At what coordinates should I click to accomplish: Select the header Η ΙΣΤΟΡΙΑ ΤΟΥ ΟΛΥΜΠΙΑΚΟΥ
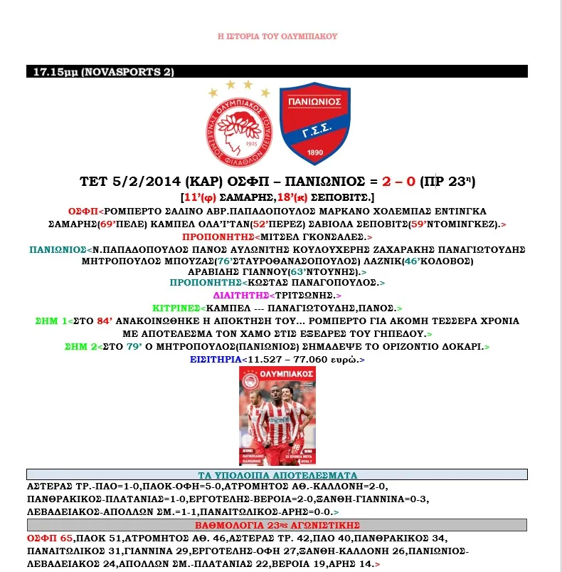(x=277, y=36)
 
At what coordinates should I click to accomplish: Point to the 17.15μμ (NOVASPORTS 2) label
(x=100, y=72)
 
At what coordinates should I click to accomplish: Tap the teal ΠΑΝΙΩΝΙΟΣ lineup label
(x=56, y=250)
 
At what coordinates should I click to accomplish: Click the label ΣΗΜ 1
(x=51, y=321)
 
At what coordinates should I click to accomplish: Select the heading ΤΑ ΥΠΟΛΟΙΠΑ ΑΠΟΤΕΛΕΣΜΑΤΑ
(x=277, y=475)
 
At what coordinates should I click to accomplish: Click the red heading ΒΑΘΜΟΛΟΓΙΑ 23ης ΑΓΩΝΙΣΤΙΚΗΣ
(x=277, y=526)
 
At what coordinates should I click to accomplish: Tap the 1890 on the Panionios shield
(x=314, y=151)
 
